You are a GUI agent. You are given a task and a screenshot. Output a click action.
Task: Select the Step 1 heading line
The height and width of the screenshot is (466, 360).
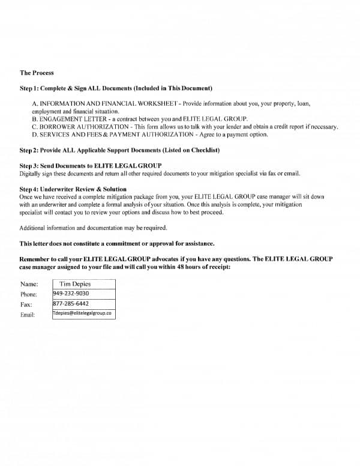pyautogui.click(x=115, y=88)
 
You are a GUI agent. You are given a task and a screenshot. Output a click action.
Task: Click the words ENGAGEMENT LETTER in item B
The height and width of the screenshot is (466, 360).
pyautogui.click(x=67, y=120)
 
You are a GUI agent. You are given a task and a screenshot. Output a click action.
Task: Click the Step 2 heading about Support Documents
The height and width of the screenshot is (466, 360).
pyautogui.click(x=119, y=150)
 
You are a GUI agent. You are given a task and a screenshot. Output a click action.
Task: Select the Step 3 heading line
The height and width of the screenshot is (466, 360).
pyautogui.click(x=91, y=166)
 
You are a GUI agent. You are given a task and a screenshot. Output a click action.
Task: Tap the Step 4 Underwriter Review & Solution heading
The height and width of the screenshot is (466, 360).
pyautogui.click(x=73, y=189)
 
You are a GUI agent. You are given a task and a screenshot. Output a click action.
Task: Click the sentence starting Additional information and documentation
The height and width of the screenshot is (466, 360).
pyautogui.click(x=92, y=228)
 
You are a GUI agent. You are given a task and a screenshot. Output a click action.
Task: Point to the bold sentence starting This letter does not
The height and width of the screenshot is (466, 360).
pyautogui.click(x=117, y=244)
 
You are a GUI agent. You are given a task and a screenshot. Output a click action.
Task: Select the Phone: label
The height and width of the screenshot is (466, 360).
pyautogui.click(x=29, y=294)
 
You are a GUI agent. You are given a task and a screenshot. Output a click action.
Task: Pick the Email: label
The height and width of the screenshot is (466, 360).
pyautogui.click(x=28, y=314)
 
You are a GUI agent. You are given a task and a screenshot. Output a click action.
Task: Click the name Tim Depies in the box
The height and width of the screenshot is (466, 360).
pyautogui.click(x=75, y=284)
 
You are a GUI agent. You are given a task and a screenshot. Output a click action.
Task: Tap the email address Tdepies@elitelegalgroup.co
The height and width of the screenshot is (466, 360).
pyautogui.click(x=83, y=313)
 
